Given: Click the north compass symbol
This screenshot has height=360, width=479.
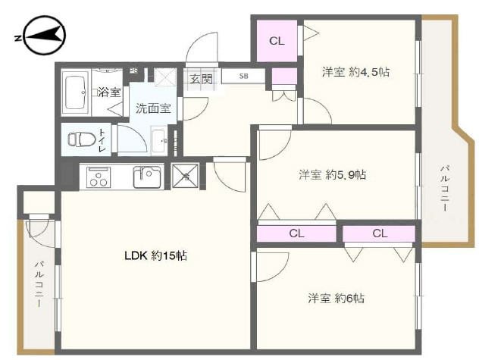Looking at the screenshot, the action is (44, 36).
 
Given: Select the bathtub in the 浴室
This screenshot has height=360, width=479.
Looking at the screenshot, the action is (76, 92).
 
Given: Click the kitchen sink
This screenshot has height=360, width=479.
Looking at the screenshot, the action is (147, 177).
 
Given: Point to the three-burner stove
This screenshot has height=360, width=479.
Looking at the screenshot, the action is (99, 177).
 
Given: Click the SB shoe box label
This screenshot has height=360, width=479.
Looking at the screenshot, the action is (243, 76).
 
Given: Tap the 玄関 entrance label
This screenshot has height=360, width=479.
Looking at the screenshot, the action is (201, 79).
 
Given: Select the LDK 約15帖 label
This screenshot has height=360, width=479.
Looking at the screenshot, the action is (156, 255).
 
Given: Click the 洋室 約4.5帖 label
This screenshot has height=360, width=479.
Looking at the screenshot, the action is (355, 72).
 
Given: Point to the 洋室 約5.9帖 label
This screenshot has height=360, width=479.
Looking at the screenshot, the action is (333, 175).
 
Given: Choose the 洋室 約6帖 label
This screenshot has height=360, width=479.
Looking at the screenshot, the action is (336, 298).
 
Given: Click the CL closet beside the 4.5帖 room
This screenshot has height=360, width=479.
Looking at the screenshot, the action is (277, 41).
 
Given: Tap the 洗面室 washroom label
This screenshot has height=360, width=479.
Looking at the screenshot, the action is (153, 108).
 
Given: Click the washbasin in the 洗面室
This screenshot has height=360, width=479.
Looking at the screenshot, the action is (159, 140).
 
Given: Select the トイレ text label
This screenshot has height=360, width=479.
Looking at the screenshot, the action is (102, 140).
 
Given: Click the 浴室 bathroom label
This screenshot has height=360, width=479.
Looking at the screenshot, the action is (109, 92).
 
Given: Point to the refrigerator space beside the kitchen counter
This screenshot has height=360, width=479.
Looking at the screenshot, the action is (186, 176).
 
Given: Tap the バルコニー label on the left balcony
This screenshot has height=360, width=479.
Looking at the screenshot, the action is (39, 284).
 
